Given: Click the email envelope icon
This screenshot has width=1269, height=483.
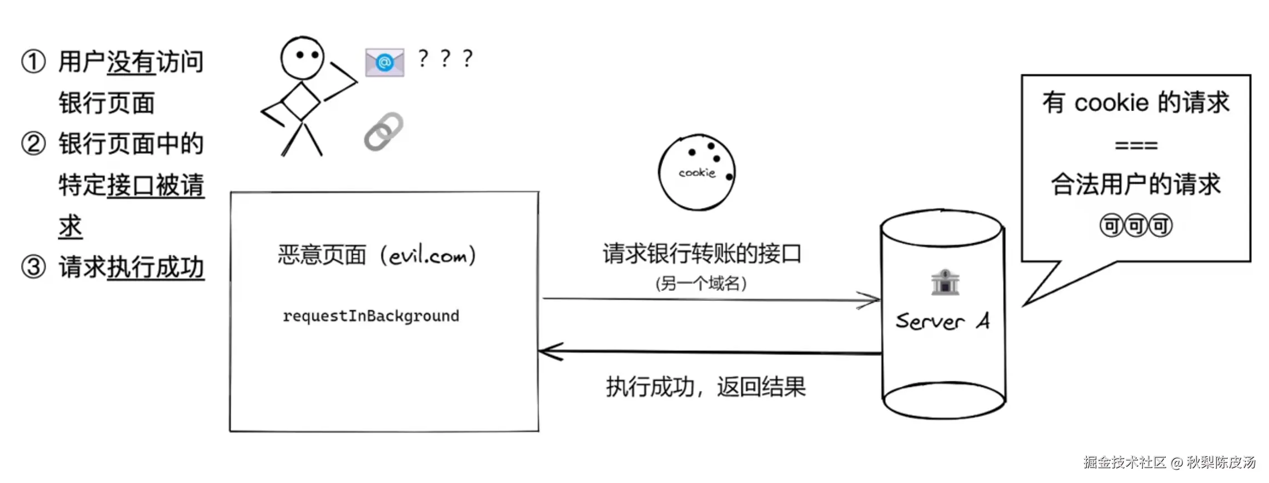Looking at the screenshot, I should [384, 62].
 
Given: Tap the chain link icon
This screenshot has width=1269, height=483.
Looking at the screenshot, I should [384, 132].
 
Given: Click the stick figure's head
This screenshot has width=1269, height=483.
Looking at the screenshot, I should [302, 58].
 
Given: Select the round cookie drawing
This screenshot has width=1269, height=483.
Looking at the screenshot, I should [696, 173].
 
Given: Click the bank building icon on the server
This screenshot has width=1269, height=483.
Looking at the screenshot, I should [945, 282].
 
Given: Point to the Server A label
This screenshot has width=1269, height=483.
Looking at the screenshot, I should [942, 321].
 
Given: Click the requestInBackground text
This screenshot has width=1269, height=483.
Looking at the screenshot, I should [371, 316].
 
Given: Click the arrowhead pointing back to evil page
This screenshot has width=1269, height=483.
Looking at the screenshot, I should [550, 351].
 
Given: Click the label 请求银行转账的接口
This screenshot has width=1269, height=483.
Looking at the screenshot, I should [702, 254].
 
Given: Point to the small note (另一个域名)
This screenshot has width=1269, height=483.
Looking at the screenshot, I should [701, 284].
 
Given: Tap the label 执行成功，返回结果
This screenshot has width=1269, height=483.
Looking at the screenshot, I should [705, 387].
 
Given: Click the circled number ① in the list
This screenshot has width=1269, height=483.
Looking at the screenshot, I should [33, 62].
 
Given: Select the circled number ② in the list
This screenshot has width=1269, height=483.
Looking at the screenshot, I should [33, 144].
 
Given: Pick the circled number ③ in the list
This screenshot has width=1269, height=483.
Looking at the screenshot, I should [33, 267].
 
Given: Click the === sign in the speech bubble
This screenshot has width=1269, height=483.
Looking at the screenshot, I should [1136, 146].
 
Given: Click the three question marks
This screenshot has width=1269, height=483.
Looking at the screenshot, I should [445, 58].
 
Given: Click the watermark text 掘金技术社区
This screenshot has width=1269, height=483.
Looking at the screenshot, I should [1125, 462].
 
